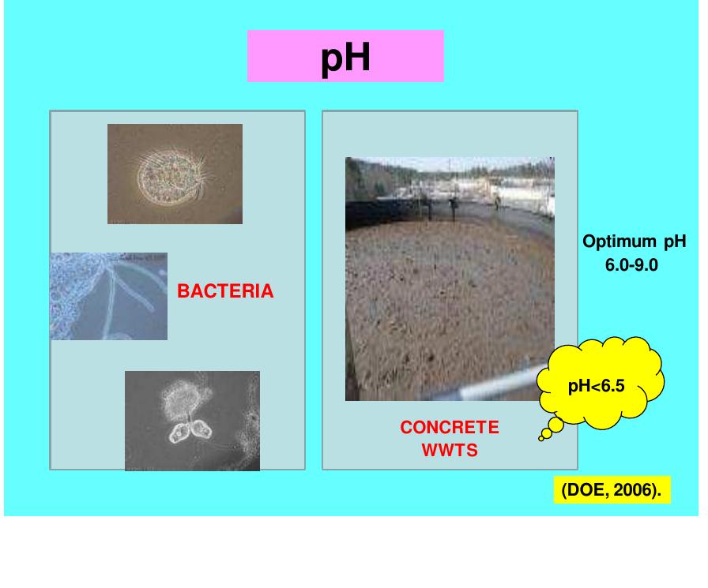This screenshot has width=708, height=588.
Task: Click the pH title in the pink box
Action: pyautogui.click(x=345, y=58)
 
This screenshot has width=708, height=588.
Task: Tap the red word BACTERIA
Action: pyautogui.click(x=225, y=292)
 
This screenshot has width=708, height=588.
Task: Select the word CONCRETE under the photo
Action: pyautogui.click(x=449, y=428)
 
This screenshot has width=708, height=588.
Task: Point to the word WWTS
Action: pyautogui.click(x=449, y=452)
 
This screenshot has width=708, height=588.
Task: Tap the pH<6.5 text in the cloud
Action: pyautogui.click(x=597, y=386)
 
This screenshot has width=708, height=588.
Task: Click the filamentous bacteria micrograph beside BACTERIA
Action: pyautogui.click(x=108, y=296)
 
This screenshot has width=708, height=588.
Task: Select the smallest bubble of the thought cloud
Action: pyautogui.click(x=541, y=438)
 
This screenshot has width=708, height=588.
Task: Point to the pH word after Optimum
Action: pyautogui.click(x=670, y=242)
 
